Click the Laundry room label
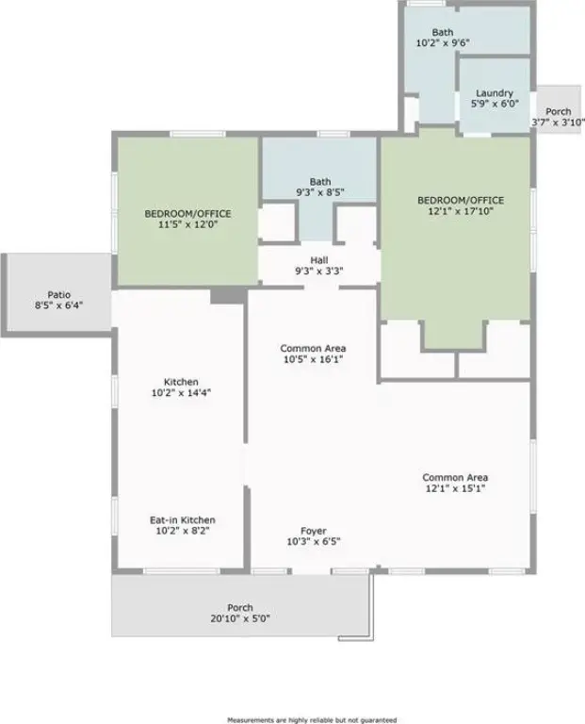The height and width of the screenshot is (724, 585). pos(495,93)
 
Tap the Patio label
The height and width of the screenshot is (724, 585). pos(59,294)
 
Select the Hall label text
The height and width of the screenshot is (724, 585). pos(319,260)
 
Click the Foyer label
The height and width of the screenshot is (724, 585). pos(314,531)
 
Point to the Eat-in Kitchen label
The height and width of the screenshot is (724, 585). pos(183,520)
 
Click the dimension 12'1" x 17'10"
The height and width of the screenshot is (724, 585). pos(461,211)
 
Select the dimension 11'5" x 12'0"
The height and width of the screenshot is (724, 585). pos(187,225)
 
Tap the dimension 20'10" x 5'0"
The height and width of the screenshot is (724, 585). pos(240,618)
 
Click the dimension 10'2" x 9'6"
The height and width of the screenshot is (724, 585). pos(443,43)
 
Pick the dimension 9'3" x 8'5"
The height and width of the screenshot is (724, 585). pos(320,192)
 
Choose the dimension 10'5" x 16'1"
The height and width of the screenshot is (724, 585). pos(314,360)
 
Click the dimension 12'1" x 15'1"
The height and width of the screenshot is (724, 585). pos(455,488)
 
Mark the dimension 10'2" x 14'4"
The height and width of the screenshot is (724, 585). pos(181,393)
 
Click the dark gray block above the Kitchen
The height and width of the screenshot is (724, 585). pos(228,295)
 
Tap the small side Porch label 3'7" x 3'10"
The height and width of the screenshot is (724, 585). pos(559,117)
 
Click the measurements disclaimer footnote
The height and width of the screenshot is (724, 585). pos(313,720)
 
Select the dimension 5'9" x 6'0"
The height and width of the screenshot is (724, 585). pos(495,104)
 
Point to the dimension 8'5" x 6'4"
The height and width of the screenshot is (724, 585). pos(59,305)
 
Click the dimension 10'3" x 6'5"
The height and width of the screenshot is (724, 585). pos(314,542)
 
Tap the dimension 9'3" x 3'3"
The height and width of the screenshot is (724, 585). pos(319,271)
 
